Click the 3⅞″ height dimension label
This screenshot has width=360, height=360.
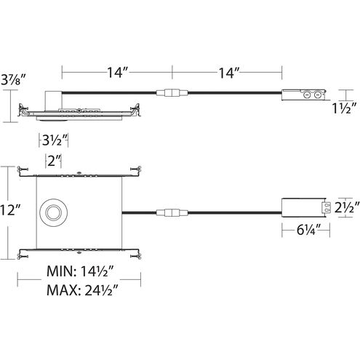[13, 79]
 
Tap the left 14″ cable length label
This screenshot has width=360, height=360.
[118, 72]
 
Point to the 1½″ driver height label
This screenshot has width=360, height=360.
[344, 108]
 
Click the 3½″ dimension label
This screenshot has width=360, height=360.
[55, 140]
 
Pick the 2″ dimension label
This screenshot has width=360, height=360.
[54, 161]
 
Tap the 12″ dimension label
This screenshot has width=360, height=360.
[10, 209]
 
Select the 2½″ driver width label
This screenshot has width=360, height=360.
[347, 207]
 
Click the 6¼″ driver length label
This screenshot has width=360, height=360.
[309, 230]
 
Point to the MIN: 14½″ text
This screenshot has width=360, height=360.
[80, 271]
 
